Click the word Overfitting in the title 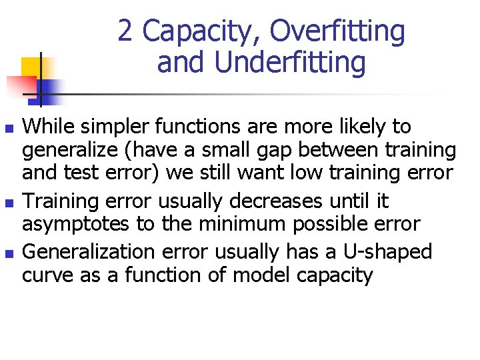pyautogui.click(x=338, y=31)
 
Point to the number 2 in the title pyautogui.click(x=125, y=31)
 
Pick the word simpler pyautogui.click(x=115, y=126)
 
